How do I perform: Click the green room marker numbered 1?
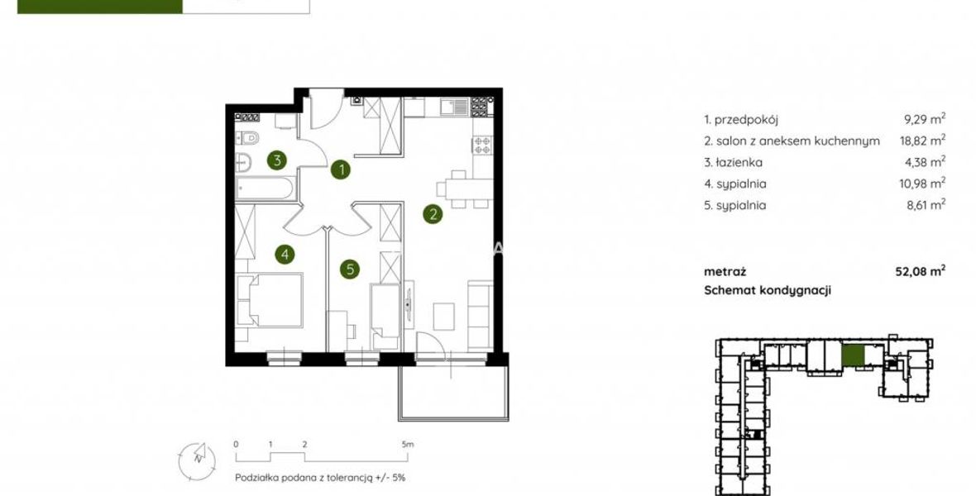340,169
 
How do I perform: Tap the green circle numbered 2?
433,214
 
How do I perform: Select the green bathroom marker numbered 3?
277,160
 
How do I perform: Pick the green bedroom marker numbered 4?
285,254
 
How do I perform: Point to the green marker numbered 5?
350,269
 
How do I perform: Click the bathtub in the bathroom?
266,188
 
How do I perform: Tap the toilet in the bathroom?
247,137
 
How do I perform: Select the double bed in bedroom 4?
270,299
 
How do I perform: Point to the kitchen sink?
454,107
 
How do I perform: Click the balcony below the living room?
454,393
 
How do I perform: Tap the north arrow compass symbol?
198,460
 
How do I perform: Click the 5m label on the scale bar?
407,445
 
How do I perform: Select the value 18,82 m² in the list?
922,140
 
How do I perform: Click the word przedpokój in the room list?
746,120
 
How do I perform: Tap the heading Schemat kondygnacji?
768,290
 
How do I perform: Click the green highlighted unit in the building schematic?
853,355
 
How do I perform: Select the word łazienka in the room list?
739,162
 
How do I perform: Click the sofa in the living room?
480,315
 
